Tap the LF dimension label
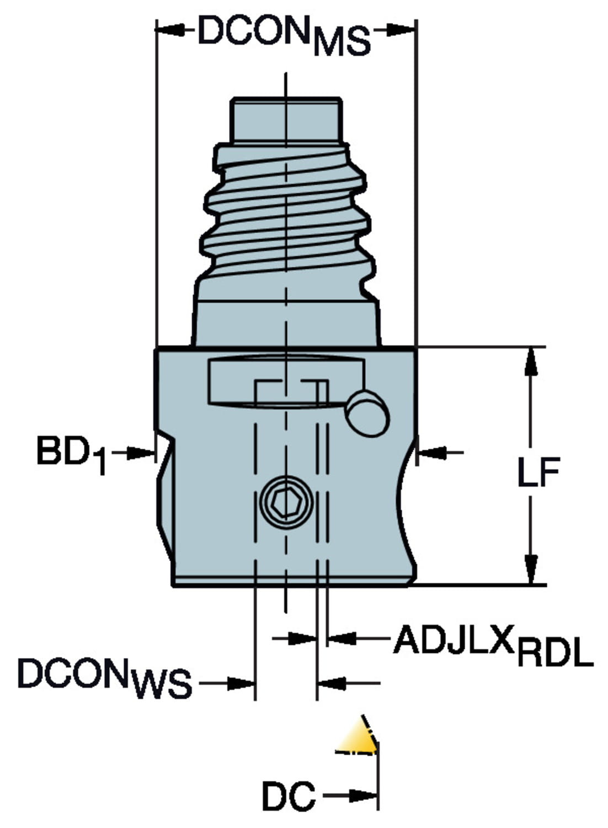[x=538, y=473]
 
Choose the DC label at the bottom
[x=288, y=797]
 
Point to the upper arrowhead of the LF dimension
[x=531, y=362]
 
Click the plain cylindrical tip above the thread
[x=286, y=119]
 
